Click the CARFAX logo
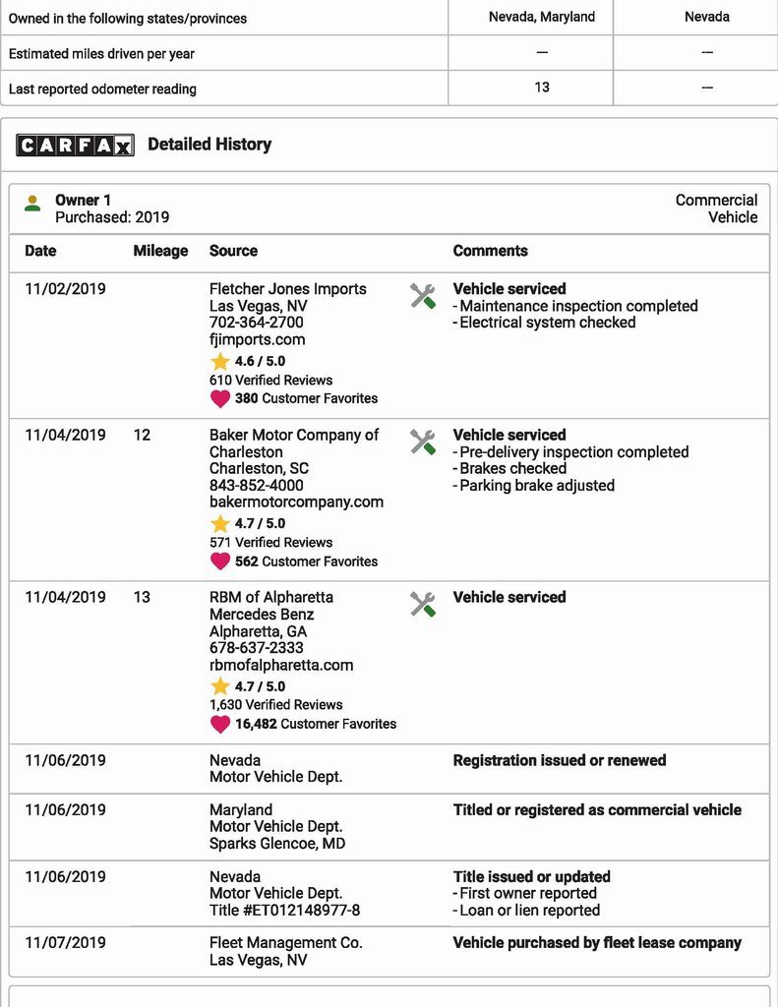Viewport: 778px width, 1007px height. click(x=75, y=146)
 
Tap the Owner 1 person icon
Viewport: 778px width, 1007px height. click(x=32, y=203)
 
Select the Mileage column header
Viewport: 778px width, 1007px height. click(x=160, y=251)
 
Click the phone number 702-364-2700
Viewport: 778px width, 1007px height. click(x=256, y=323)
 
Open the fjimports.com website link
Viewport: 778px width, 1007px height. click(x=257, y=339)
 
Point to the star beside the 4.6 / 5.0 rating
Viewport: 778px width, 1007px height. click(x=219, y=361)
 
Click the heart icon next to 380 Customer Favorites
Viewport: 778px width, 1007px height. click(x=219, y=398)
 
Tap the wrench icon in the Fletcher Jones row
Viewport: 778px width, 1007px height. click(x=423, y=295)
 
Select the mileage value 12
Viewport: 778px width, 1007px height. click(x=142, y=435)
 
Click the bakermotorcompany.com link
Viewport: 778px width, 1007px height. click(x=296, y=502)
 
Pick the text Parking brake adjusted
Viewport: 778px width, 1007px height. click(x=537, y=486)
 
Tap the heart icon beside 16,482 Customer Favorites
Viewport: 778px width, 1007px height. click(x=219, y=724)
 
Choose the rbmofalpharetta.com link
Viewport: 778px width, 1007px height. click(x=280, y=665)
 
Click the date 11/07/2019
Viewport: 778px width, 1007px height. click(x=65, y=942)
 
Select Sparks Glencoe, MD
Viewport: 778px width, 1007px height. click(x=277, y=843)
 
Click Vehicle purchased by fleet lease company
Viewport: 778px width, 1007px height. click(x=597, y=942)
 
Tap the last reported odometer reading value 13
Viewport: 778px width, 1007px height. click(x=542, y=88)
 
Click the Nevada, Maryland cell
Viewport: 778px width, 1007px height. click(x=542, y=17)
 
